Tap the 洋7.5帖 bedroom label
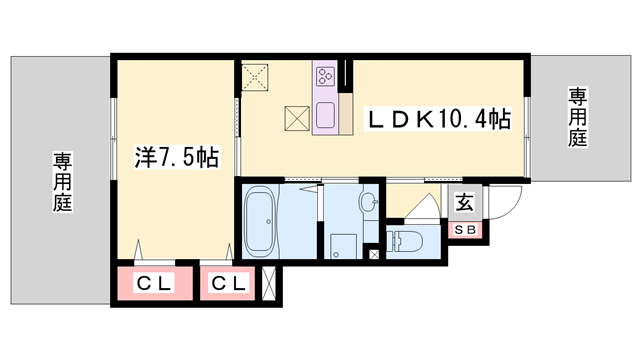coord(177,157)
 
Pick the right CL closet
coord(229,284)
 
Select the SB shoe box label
coord(466,231)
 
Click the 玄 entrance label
coord(465,203)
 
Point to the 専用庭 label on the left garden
coord(62,181)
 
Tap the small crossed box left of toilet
coord(374,255)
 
